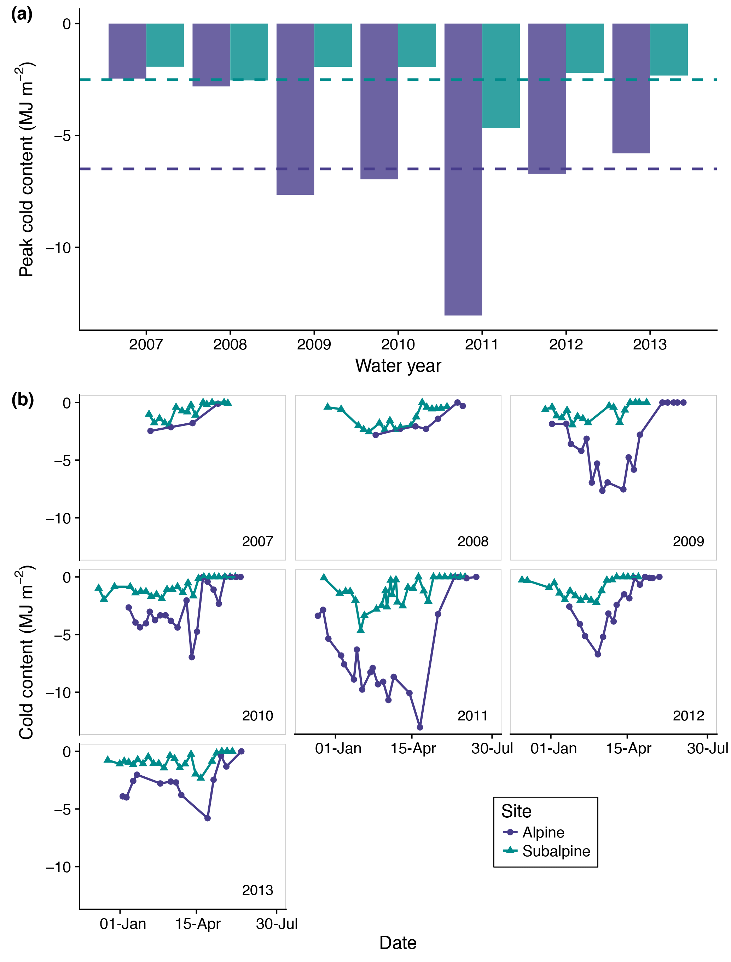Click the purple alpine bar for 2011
(463, 169)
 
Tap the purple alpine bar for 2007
(127, 51)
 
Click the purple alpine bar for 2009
(295, 109)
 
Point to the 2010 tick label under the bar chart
(398, 344)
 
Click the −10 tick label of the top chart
(58, 248)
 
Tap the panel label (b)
(22, 399)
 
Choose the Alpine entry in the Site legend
(543, 832)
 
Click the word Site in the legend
(516, 811)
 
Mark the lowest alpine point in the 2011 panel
(420, 727)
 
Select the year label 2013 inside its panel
(257, 890)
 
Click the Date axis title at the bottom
(398, 943)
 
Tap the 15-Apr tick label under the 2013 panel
(198, 923)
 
